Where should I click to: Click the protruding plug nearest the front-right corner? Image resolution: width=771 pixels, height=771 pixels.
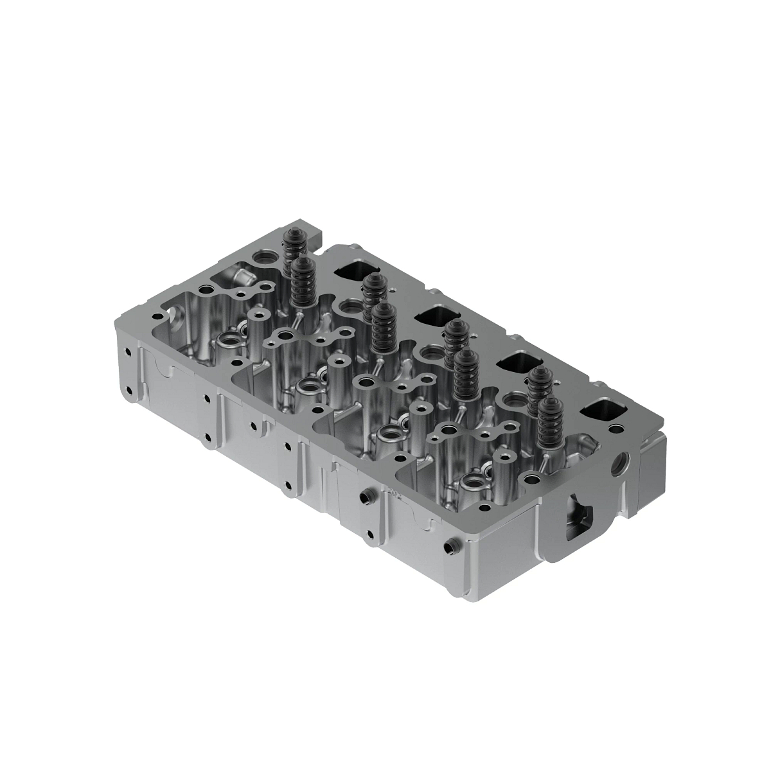click(x=447, y=549)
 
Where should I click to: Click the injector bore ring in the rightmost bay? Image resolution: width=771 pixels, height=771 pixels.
click(x=474, y=479)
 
